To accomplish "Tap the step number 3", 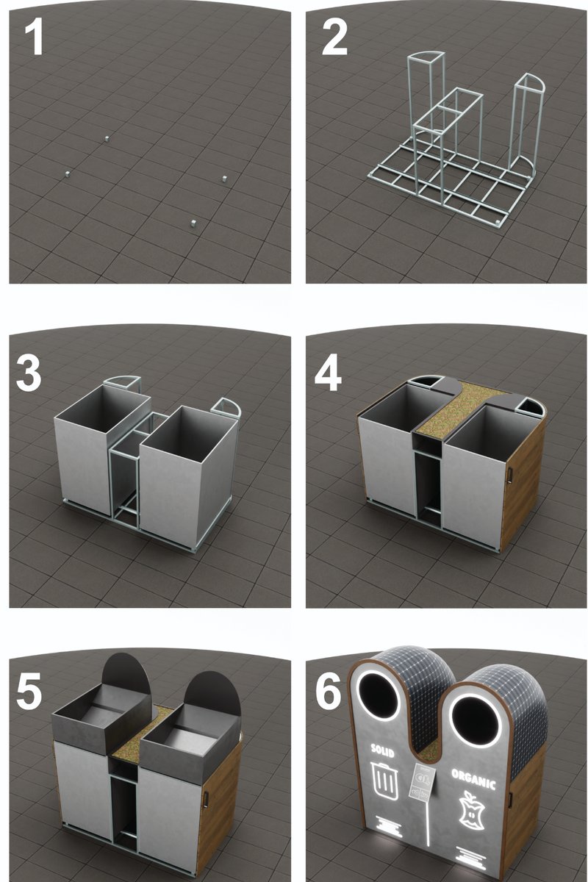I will coord(29,375).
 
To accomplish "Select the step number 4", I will coord(328,375).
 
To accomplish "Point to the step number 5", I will coord(29,692).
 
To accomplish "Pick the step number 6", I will coord(329,692).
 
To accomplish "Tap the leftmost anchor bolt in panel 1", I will coord(67,173).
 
